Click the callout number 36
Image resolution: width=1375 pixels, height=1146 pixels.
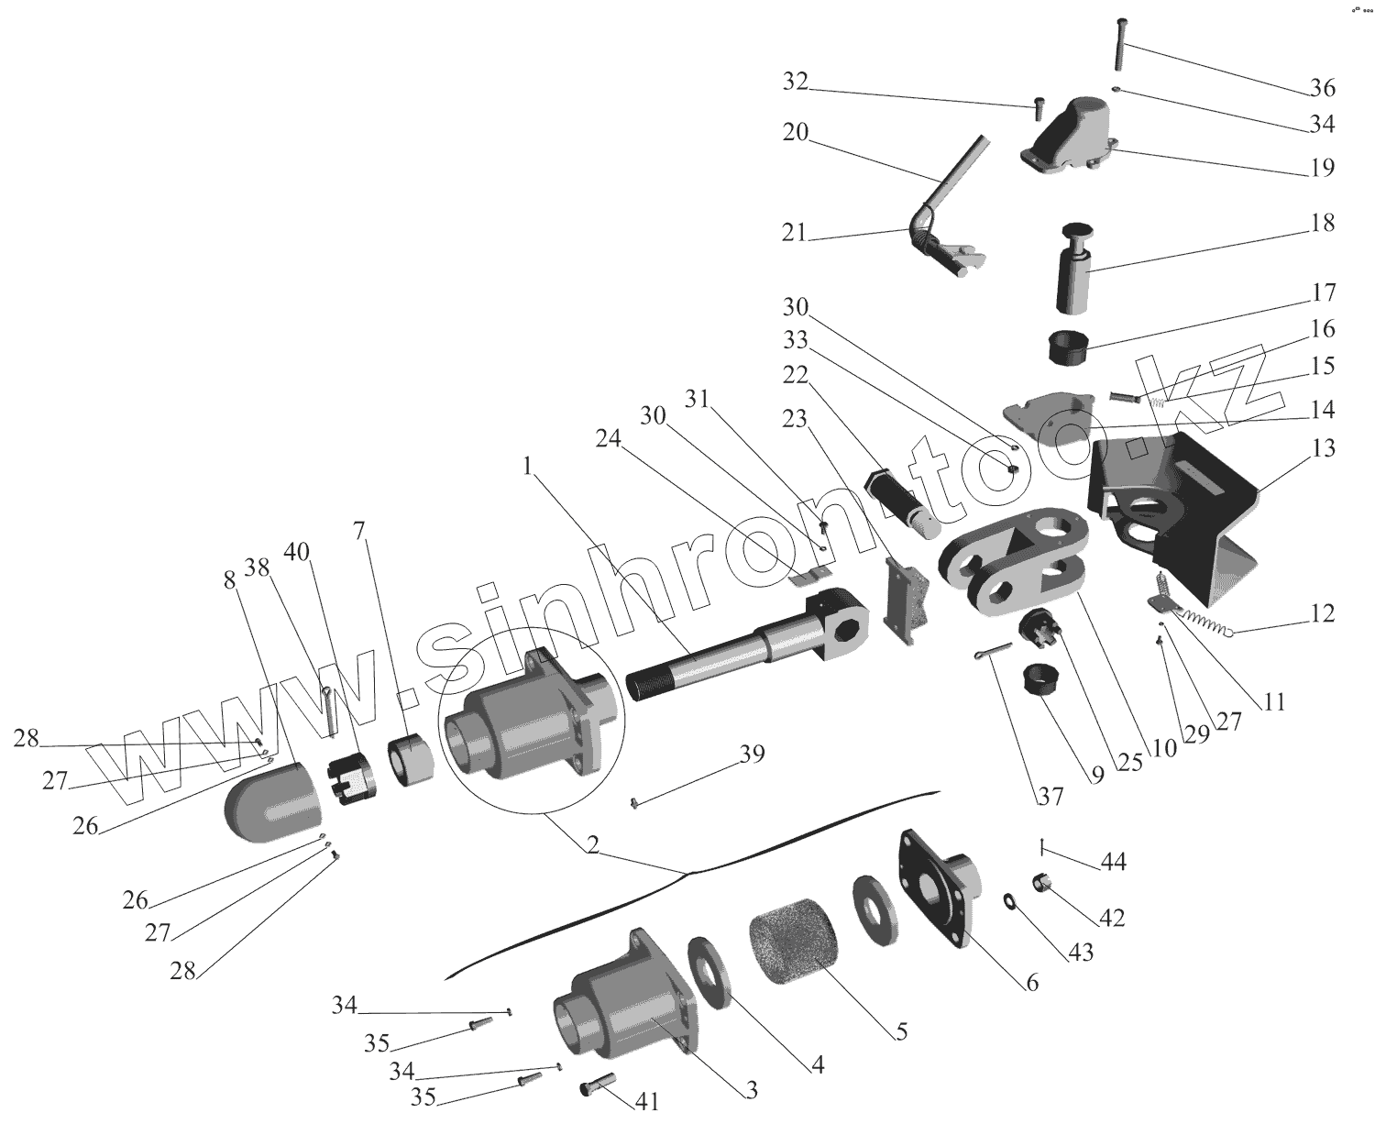coord(1321,89)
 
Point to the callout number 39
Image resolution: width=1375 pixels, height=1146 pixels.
coord(751,754)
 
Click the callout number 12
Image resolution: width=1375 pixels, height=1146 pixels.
coord(1321,613)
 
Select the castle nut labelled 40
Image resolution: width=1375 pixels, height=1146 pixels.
coord(347,779)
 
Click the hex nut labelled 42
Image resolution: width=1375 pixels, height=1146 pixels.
coord(1042,884)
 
